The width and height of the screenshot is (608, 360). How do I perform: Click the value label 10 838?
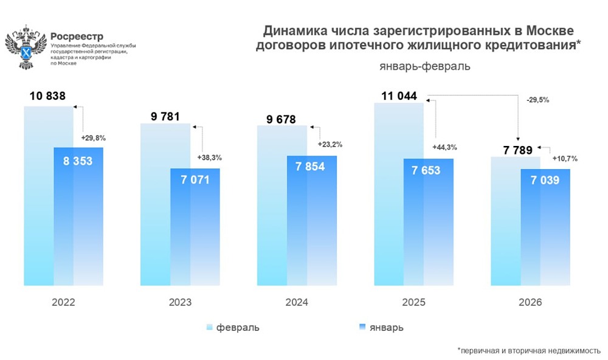click(47, 95)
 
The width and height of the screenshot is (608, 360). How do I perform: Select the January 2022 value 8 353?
click(78, 161)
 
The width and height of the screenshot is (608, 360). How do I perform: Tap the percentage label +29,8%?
click(93, 138)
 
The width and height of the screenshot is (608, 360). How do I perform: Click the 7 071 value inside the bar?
click(195, 181)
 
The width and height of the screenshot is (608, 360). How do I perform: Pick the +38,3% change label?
click(209, 157)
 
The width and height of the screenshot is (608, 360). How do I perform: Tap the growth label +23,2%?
click(330, 145)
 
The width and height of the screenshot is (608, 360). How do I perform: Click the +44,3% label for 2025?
click(444, 147)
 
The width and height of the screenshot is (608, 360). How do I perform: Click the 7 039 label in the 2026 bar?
click(545, 181)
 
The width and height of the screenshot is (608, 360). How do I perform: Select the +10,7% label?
click(564, 159)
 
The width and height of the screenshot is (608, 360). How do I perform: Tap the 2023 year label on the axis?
click(180, 302)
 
